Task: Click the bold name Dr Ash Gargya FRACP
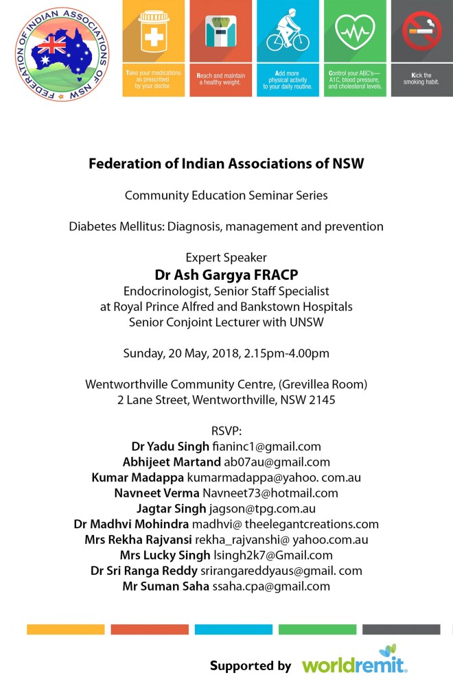pos(226,274)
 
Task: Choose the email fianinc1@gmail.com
pos(267,447)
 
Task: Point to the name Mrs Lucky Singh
pos(154,555)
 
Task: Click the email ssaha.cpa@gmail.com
pos(271,586)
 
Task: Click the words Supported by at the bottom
pos(251,665)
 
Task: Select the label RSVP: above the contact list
pos(226,431)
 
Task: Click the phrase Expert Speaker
pos(226,258)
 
